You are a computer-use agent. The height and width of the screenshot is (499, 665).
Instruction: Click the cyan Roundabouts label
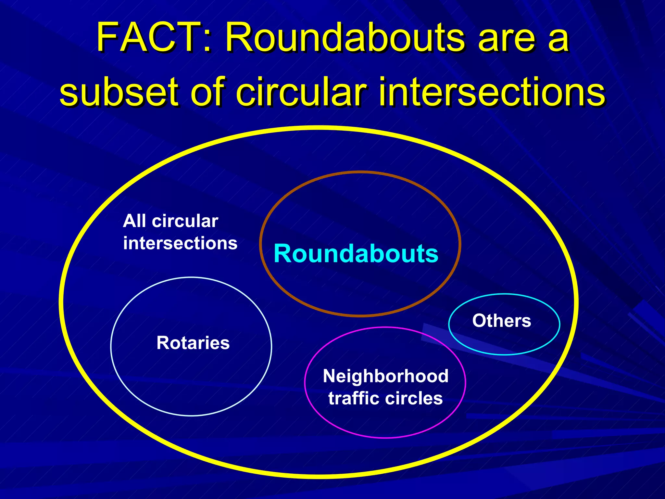[356, 253]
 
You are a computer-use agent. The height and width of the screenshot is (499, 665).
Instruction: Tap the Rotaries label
[193, 343]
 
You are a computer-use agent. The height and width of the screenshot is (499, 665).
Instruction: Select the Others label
[502, 321]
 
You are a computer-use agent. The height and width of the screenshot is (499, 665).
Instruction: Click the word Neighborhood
[386, 376]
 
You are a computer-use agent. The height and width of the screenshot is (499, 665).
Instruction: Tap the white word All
[134, 221]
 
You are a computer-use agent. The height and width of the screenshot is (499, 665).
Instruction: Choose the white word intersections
[180, 243]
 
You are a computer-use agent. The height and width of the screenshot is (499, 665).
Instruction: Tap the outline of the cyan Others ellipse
[504, 354]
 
